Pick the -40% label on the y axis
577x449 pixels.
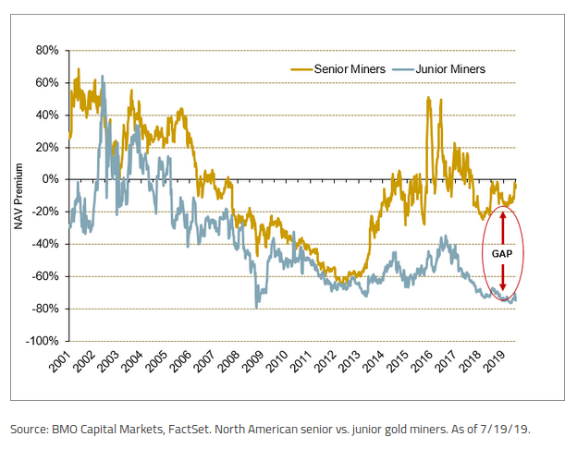(x=46, y=244)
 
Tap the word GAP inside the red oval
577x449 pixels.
(x=502, y=251)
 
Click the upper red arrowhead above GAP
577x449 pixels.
(x=502, y=216)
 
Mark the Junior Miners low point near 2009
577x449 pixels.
(x=256, y=307)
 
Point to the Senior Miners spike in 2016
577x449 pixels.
(x=428, y=98)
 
